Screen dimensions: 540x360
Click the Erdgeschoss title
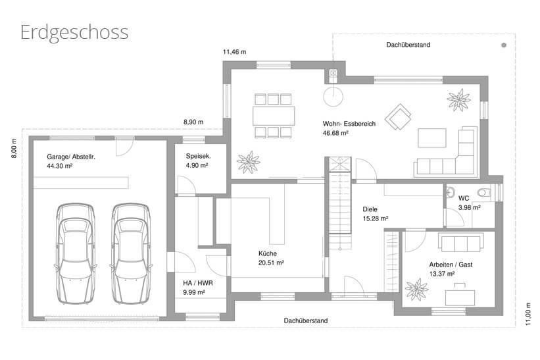74,33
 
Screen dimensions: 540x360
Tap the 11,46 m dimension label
235,52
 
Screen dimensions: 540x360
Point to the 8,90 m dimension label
193,122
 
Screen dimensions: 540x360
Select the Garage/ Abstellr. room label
71,157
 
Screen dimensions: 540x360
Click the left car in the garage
75,253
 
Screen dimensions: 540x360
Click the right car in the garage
131,253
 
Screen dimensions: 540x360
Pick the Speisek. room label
199,156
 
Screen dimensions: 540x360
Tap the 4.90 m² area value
197,165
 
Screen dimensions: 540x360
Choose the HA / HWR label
198,283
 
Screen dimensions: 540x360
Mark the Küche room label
268,253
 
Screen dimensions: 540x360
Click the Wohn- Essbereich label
349,124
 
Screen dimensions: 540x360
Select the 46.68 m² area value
335,133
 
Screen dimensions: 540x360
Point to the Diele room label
370,209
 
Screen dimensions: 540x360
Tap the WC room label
464,199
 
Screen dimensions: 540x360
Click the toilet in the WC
485,192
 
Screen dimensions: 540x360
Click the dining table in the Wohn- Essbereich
274,116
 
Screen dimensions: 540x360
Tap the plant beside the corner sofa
458,100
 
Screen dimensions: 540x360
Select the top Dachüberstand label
408,45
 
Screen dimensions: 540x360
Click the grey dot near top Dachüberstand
504,45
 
